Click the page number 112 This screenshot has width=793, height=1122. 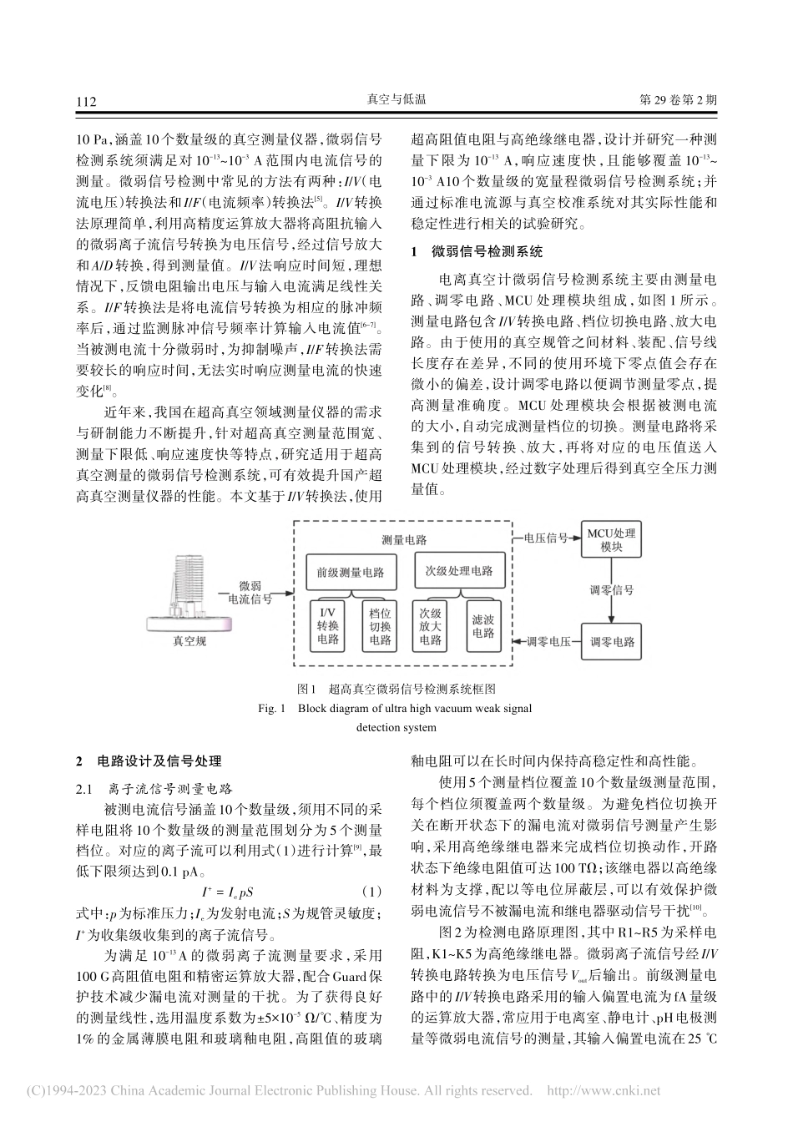[x=87, y=101]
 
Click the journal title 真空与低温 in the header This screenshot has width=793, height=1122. [x=396, y=100]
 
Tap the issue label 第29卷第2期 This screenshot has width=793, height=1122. [x=677, y=100]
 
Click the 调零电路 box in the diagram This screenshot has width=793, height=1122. [x=612, y=642]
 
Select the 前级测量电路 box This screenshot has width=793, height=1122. [x=351, y=573]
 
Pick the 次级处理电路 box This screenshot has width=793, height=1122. [x=454, y=572]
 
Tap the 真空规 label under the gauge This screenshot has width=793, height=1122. [x=189, y=641]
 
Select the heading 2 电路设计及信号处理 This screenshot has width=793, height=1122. [x=149, y=761]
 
